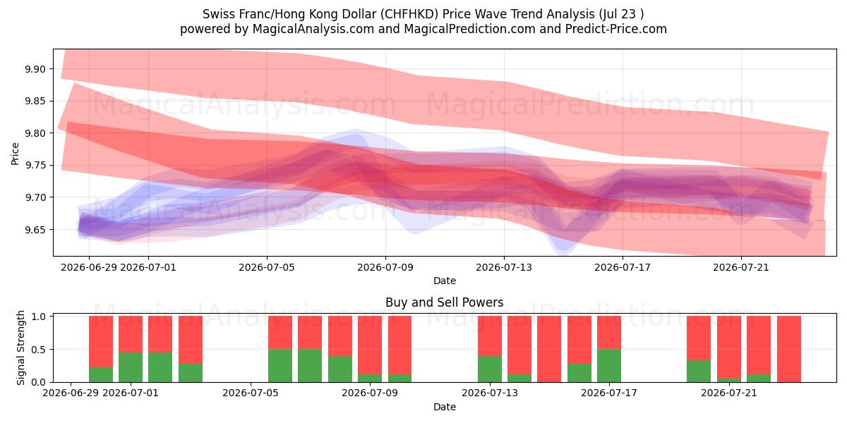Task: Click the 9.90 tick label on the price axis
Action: (x=35, y=69)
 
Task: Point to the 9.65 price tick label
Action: (x=35, y=230)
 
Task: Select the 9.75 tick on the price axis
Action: (x=35, y=166)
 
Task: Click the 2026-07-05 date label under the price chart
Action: (x=267, y=267)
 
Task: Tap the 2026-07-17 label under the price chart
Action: (x=623, y=267)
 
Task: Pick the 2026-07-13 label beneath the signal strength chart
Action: (x=490, y=393)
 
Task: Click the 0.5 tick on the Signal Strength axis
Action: (x=39, y=350)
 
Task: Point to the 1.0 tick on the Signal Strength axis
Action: (x=39, y=317)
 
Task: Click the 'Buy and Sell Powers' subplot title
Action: (x=445, y=302)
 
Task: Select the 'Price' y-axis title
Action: (x=15, y=154)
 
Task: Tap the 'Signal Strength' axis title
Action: (x=20, y=348)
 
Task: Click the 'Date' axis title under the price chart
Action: (x=445, y=281)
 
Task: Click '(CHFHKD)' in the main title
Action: (x=409, y=14)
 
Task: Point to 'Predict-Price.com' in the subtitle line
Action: (x=616, y=29)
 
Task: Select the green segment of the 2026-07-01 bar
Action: (x=131, y=367)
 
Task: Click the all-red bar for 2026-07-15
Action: (x=549, y=349)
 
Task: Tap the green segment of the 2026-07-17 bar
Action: (x=609, y=366)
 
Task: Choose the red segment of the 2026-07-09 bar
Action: (x=370, y=345)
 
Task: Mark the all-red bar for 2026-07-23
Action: (x=789, y=349)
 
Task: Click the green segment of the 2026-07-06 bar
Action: (x=280, y=366)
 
